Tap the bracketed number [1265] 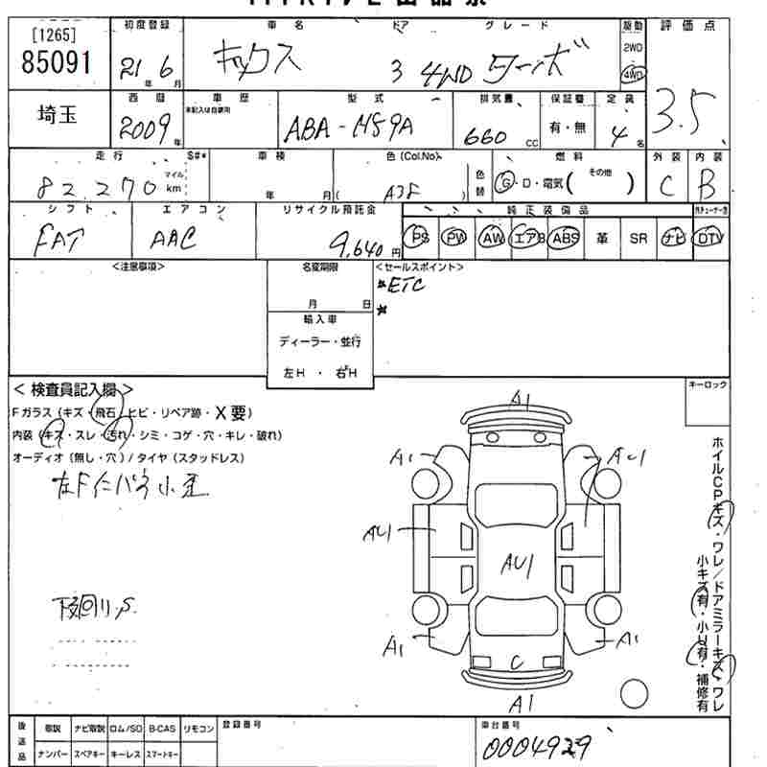56,35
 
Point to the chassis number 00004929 537,744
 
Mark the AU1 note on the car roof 517,566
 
